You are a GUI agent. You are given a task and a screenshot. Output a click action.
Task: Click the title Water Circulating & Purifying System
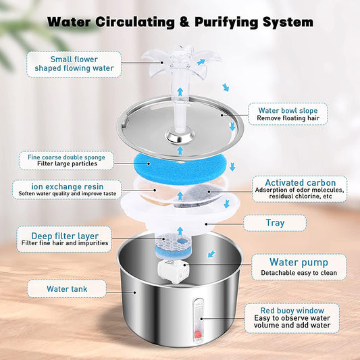pyautogui.click(x=180, y=22)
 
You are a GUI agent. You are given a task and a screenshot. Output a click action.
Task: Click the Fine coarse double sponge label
pyautogui.click(x=67, y=160)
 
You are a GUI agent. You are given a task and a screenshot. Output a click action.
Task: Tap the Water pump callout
pyautogui.click(x=299, y=266)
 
